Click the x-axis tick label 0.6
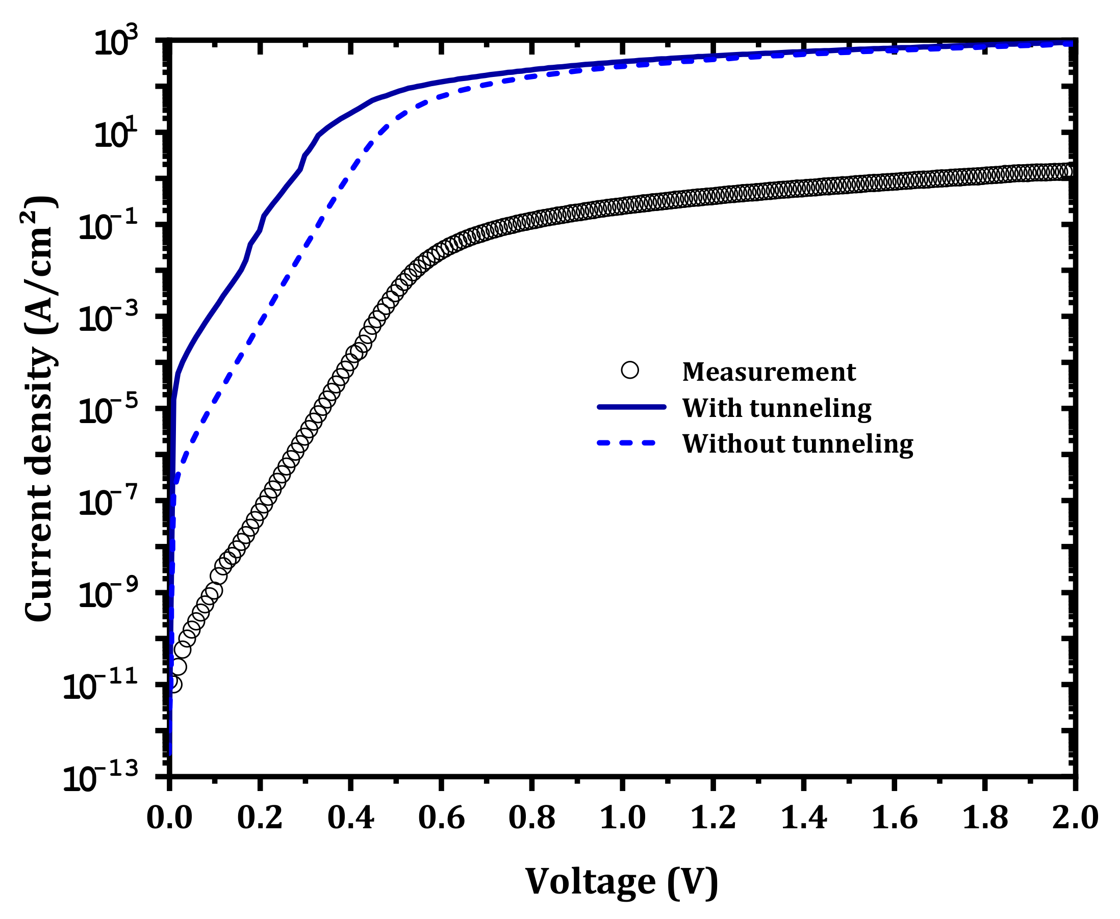[441, 819]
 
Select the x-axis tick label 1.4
[804, 819]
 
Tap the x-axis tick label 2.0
[1075, 819]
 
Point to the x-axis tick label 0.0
[169, 819]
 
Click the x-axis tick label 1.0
[622, 819]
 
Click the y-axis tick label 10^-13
[100, 778]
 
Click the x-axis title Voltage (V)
[622, 882]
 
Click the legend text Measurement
[769, 372]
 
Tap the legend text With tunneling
[776, 408]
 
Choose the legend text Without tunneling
[798, 443]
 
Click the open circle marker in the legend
[630, 370]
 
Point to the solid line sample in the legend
[631, 407]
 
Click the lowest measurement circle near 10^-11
[174, 685]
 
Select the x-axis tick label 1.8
[985, 819]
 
